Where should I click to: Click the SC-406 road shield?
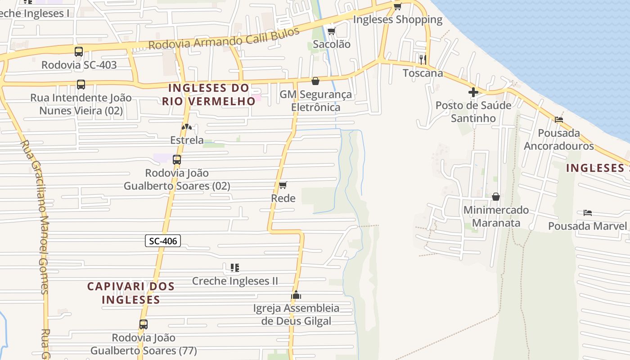pyautogui.click(x=163, y=241)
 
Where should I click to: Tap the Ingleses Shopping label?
pyautogui.click(x=398, y=20)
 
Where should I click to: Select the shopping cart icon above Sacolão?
pyautogui.click(x=332, y=31)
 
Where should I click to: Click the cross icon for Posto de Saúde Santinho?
pyautogui.click(x=473, y=92)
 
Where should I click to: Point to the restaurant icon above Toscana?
pyautogui.click(x=422, y=59)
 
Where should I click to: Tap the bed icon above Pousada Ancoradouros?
pyautogui.click(x=558, y=120)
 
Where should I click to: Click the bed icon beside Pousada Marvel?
pyautogui.click(x=587, y=212)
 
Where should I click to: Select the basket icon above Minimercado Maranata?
pyautogui.click(x=495, y=197)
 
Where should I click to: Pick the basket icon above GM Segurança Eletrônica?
pyautogui.click(x=315, y=81)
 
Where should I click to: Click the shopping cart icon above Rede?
pyautogui.click(x=283, y=185)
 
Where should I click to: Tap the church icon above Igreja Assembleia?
pyautogui.click(x=296, y=295)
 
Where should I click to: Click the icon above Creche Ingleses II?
pyautogui.click(x=234, y=268)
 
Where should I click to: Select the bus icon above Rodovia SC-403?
pyautogui.click(x=79, y=51)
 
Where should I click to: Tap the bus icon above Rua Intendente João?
pyautogui.click(x=81, y=84)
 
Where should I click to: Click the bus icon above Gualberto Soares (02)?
pyautogui.click(x=177, y=159)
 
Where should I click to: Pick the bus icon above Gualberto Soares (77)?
pyautogui.click(x=144, y=324)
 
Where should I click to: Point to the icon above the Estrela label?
pyautogui.click(x=187, y=127)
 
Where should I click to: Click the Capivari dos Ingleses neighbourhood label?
pyautogui.click(x=130, y=292)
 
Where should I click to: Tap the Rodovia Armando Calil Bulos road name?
pyautogui.click(x=224, y=39)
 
